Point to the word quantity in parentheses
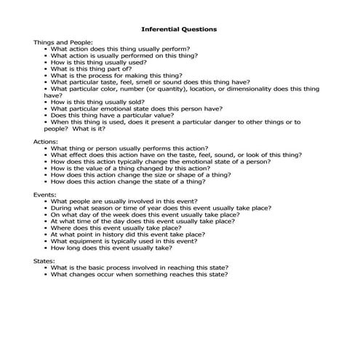point(178,88)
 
